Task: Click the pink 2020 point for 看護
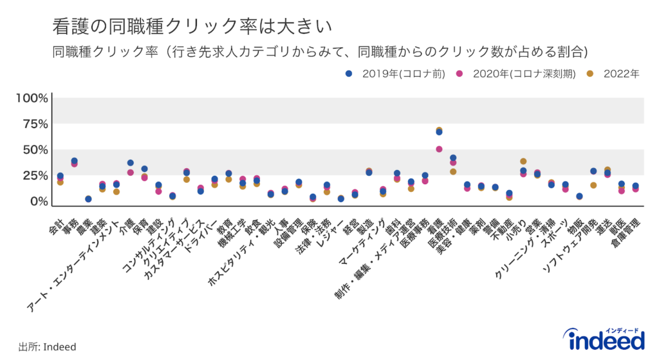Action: [439, 149]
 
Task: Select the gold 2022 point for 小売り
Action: [523, 161]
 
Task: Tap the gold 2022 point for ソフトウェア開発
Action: [593, 185]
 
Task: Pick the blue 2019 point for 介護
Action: [131, 163]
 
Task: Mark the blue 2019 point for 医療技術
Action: [453, 158]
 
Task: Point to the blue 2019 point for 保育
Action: [144, 169]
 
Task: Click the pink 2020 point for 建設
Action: [158, 191]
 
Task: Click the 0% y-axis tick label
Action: [39, 202]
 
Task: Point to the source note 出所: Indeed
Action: [47, 347]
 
